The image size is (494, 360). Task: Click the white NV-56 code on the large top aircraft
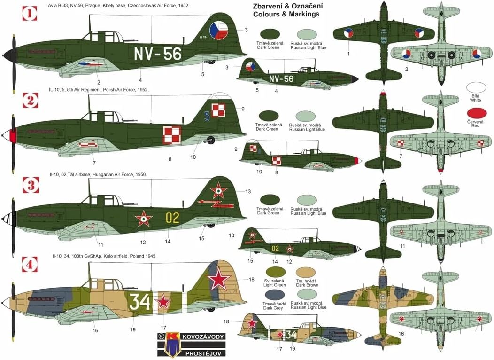(158, 54)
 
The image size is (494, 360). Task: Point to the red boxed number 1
(30, 14)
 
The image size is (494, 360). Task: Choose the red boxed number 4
(30, 266)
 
